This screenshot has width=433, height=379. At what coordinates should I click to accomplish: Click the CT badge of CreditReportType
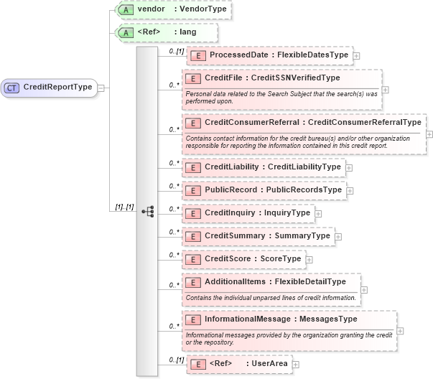[12, 88]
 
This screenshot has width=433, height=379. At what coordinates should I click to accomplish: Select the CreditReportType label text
[57, 88]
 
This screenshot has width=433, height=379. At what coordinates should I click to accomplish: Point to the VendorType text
[196, 10]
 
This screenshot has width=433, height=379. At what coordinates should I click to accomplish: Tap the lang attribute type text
[187, 32]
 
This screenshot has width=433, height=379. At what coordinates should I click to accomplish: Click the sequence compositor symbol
[148, 211]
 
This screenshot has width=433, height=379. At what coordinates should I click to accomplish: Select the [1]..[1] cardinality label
[124, 207]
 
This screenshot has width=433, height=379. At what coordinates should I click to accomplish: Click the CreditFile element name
[226, 78]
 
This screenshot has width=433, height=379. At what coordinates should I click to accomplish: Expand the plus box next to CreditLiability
[349, 167]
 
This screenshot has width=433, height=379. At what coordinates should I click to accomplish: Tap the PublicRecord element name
[230, 190]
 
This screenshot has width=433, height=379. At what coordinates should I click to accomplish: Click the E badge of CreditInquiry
[194, 213]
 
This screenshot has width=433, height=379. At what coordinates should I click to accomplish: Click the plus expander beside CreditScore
[309, 259]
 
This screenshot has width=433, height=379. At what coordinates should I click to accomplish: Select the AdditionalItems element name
[236, 281]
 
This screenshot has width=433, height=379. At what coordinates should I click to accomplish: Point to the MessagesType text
[330, 319]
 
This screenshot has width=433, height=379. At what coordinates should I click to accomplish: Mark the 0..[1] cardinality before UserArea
[176, 360]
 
